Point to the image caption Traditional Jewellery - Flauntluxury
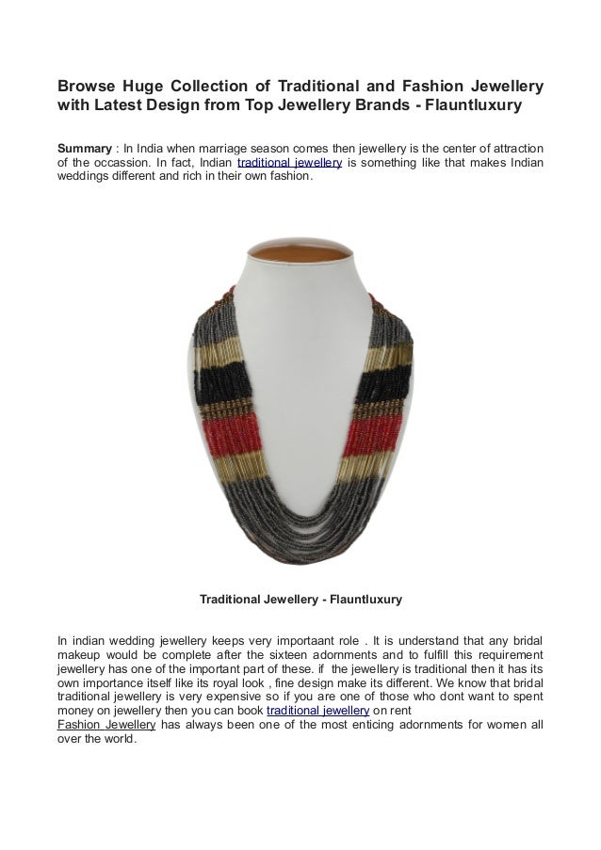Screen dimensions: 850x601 click(x=300, y=599)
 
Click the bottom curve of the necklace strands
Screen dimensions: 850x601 click(x=300, y=527)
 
